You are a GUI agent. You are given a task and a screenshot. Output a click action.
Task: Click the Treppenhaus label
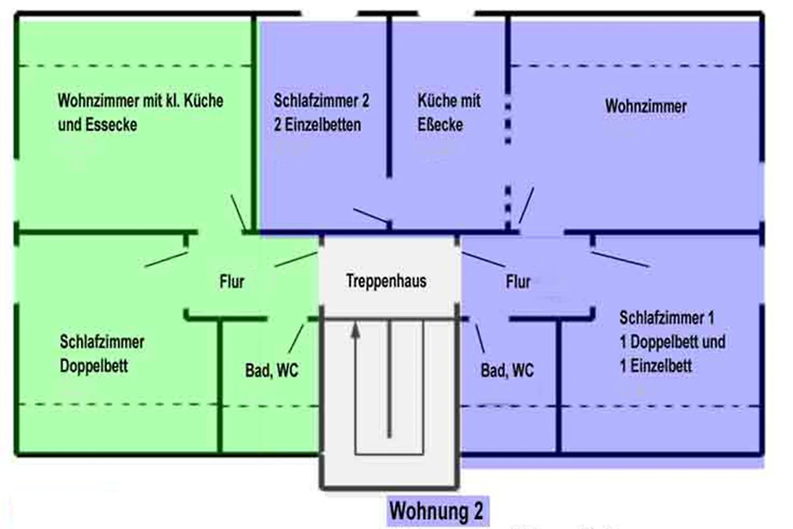pos(386,281)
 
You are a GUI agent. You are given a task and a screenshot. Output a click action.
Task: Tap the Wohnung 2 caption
pos(436,511)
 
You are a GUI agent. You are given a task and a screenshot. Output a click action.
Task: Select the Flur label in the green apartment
pos(231,282)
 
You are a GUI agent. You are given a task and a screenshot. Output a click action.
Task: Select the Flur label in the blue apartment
pos(518,282)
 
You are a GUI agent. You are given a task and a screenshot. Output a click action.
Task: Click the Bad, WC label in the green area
pos(272,371)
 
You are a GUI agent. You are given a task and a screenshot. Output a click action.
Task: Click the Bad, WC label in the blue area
pos(507,371)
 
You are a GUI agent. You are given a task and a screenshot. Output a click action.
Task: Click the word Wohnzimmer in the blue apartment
pos(646,106)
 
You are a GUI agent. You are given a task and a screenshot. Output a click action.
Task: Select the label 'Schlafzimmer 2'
pos(321,101)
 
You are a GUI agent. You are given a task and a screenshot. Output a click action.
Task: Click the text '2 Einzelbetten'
pos(317,125)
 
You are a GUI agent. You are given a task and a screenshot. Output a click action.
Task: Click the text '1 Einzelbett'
pos(656,366)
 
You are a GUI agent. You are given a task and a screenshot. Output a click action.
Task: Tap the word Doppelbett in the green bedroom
pos(94,366)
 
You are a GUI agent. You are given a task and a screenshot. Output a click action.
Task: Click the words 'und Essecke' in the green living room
pos(97,125)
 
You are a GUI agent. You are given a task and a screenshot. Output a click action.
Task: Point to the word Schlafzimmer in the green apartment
pos(102,343)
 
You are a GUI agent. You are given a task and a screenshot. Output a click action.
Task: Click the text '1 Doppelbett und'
pos(672,342)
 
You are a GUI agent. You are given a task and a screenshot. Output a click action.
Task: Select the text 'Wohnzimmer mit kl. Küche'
pos(140,101)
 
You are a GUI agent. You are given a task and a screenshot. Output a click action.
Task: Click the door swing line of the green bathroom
pos(296,338)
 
